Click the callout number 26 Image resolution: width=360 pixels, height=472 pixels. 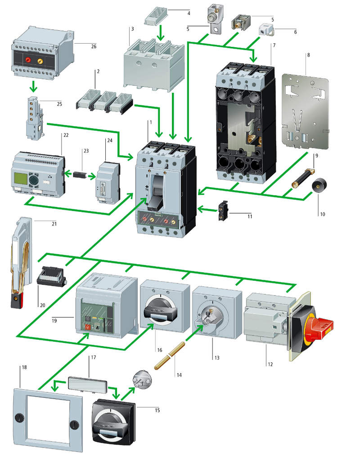[94, 46]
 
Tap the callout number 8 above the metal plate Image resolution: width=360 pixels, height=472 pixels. [309, 55]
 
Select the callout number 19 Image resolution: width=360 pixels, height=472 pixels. [54, 320]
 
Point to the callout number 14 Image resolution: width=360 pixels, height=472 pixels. [179, 375]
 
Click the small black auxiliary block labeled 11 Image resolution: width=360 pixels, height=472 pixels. [223, 211]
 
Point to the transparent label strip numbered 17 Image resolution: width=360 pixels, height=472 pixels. [88, 384]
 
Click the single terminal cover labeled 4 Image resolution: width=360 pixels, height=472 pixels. [156, 18]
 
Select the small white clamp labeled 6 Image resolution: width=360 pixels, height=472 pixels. [265, 31]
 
